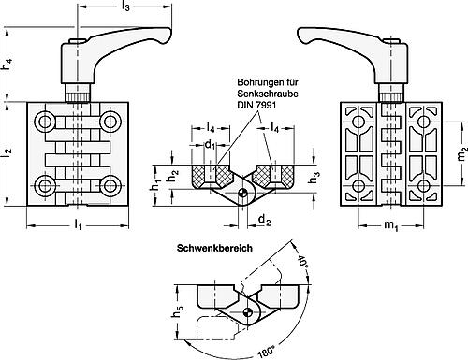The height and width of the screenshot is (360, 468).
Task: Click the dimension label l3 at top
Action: [x=125, y=7]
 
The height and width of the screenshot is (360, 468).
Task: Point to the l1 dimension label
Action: [x=78, y=223]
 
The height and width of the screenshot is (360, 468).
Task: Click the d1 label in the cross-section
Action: [x=210, y=144]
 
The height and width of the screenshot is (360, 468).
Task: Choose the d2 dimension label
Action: [x=264, y=221]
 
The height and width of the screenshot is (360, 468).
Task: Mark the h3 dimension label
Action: [x=314, y=179]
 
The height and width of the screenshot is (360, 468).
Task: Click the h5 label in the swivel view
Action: [x=179, y=311]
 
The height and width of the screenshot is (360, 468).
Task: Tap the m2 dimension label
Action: [x=461, y=153]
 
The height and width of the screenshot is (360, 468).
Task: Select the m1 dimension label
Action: [x=391, y=225]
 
